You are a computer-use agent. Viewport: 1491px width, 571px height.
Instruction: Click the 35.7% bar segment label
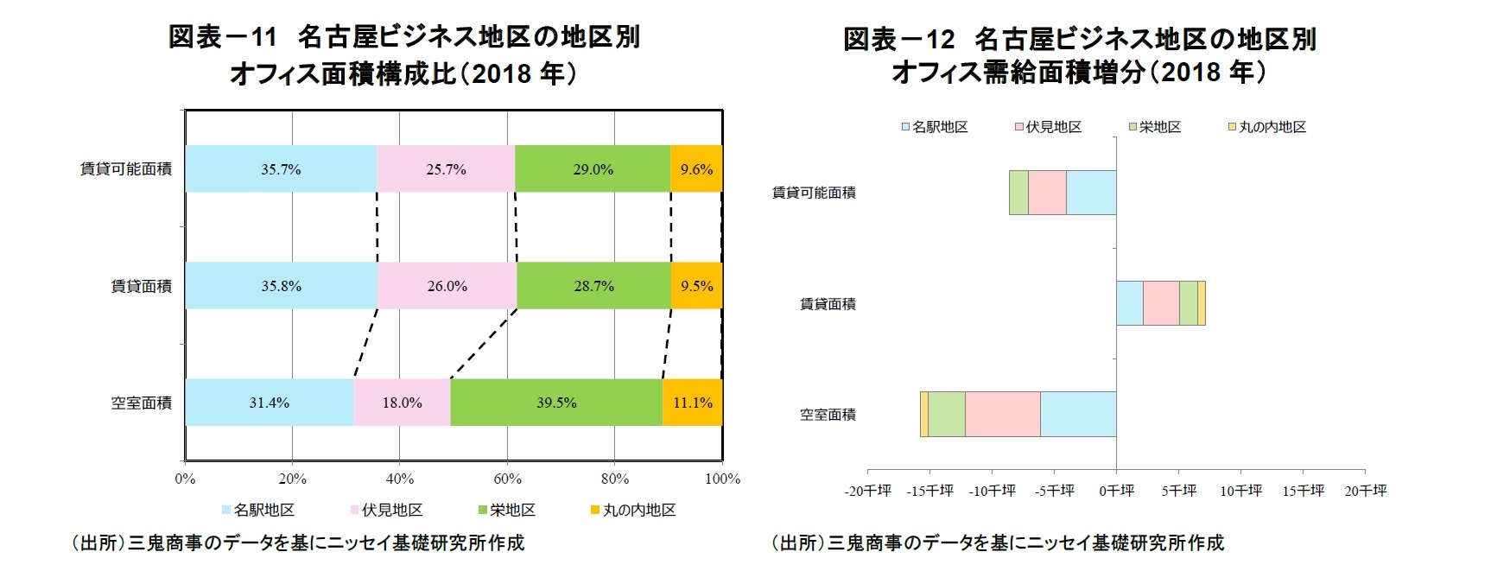point(281,169)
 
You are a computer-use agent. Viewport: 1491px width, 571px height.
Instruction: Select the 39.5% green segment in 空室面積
point(556,403)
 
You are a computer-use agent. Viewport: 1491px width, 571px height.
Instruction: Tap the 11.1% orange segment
point(692,403)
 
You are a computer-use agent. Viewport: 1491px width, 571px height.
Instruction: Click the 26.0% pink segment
point(447,286)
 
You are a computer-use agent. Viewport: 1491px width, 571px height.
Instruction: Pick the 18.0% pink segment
point(402,403)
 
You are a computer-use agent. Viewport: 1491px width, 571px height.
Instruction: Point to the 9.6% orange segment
point(696,169)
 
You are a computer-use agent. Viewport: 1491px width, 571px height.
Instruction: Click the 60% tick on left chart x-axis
point(507,479)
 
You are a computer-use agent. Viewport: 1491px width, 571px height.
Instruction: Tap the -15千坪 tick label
point(929,491)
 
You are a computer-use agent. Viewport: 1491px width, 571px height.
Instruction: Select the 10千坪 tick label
point(1240,491)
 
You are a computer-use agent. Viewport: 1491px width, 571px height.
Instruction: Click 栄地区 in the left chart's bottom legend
point(511,511)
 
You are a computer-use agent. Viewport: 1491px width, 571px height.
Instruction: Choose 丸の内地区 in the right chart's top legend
point(1272,127)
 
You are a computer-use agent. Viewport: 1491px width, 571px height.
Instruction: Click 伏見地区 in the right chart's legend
point(1053,127)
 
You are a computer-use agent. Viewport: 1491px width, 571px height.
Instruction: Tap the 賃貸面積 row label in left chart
point(141,286)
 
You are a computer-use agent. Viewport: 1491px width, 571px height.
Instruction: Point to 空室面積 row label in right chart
point(828,415)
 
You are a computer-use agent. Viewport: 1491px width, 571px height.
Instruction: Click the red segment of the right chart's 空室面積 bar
point(1002,415)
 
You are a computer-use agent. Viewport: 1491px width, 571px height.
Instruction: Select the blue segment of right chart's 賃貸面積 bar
point(1129,303)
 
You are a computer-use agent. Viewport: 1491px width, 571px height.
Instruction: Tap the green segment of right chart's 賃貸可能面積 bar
point(1018,193)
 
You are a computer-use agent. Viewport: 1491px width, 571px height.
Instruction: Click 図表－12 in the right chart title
point(898,39)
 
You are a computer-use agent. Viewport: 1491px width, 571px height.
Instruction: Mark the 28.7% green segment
point(593,286)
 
